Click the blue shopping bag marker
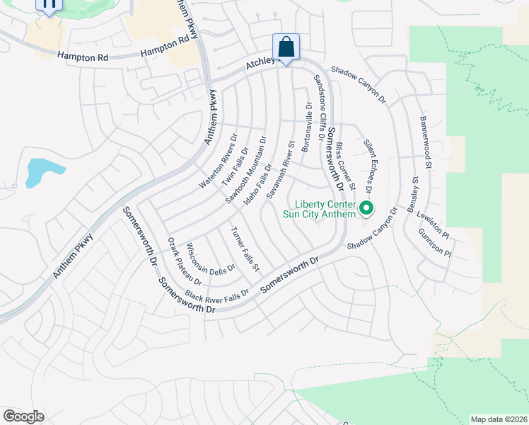tap(286, 47)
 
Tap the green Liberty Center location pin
tap(366, 208)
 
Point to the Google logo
tap(23, 416)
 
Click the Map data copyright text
tap(499, 419)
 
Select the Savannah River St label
tap(279, 169)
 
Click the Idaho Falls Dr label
tap(259, 183)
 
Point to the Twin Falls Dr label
tap(236, 165)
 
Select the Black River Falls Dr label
tap(217, 294)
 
